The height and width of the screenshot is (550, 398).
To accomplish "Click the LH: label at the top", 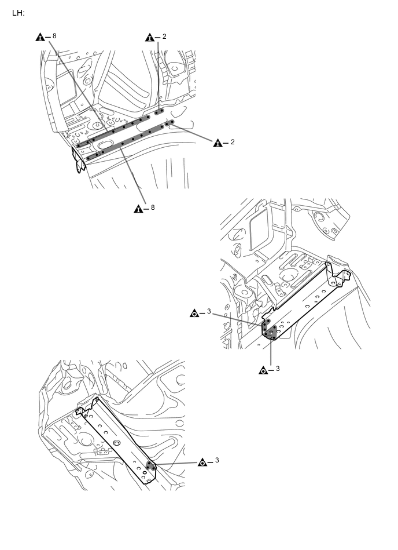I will point(18,12).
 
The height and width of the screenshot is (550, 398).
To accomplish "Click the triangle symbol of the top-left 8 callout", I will point(40,38).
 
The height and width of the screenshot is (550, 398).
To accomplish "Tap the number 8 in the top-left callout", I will point(54,37).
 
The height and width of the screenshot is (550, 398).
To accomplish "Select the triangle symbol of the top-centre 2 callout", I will point(150,38).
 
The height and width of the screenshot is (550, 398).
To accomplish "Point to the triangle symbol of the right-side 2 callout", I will point(218,143).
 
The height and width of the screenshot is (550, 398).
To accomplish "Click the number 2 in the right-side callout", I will point(232,142).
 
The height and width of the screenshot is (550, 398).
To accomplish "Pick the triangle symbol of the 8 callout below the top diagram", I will point(138,209).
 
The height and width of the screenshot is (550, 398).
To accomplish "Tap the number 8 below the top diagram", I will point(153,207).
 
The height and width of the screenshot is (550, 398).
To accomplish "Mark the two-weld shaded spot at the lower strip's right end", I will point(169,123).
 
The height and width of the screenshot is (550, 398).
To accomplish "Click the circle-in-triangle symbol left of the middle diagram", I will point(195,314).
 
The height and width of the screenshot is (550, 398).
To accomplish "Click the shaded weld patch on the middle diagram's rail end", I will point(269,330).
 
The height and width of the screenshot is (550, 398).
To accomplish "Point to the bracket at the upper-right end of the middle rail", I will point(337,274).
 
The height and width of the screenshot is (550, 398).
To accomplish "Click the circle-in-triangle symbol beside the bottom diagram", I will point(203,462).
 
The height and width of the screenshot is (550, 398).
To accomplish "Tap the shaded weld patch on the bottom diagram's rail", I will point(151,465).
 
